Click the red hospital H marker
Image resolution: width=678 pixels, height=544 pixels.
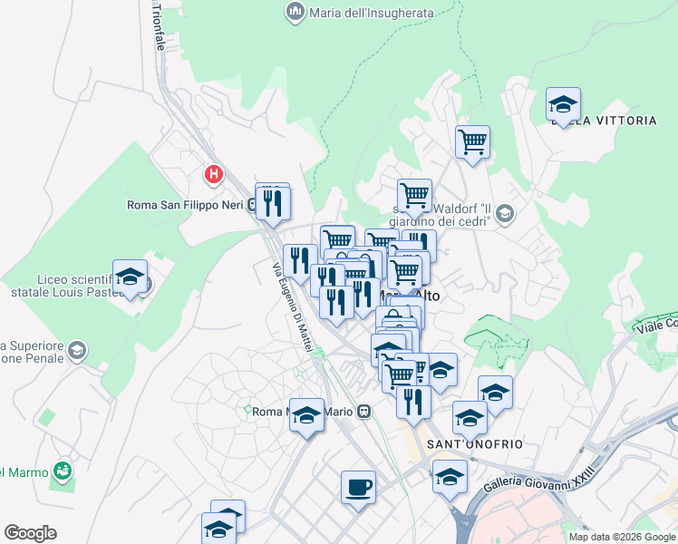pyautogui.click(x=214, y=173)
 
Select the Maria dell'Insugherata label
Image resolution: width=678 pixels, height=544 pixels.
pyautogui.click(x=372, y=13)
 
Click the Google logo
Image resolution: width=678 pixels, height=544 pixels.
pyautogui.click(x=30, y=533)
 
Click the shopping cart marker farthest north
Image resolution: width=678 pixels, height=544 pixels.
pyautogui.click(x=472, y=142)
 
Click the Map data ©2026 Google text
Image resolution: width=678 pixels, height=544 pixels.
pyautogui.click(x=621, y=537)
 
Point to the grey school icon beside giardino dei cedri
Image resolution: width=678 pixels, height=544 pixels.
pyautogui.click(x=505, y=214)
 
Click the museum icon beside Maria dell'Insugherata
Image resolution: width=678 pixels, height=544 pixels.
pyautogui.click(x=295, y=12)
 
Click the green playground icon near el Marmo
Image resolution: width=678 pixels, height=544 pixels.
pyautogui.click(x=62, y=470)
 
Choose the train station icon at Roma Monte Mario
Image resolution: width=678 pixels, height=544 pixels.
pyautogui.click(x=363, y=411)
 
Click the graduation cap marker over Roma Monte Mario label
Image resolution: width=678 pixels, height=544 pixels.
pyautogui.click(x=306, y=416)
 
